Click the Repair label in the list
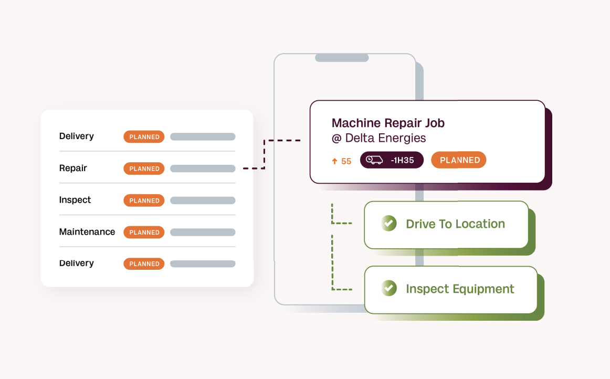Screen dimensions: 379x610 coord(73,169)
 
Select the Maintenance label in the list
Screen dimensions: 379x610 coord(87,232)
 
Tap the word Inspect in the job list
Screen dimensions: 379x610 coord(75,200)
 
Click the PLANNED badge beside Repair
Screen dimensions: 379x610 coord(144,169)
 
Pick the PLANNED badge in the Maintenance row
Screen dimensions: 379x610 coord(144,232)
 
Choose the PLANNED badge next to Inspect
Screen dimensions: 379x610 coord(144,201)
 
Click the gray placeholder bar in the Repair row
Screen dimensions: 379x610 coord(203,169)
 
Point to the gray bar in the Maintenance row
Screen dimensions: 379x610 coord(203,232)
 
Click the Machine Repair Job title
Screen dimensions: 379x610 coord(388,123)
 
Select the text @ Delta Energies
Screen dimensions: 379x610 coord(378,138)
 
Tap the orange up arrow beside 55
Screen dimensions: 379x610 coord(334,162)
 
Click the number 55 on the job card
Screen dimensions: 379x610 coord(346,162)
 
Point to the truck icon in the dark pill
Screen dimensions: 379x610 coord(374,160)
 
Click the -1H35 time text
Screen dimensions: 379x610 coord(403,160)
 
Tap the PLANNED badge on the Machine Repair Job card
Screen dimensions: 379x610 coord(459,160)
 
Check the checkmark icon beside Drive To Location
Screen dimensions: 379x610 coord(389,223)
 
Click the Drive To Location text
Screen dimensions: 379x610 coord(455,224)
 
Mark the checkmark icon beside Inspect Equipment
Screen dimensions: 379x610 coord(389,288)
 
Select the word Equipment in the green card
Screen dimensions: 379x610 coord(482,289)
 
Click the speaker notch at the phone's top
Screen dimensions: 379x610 coord(342,58)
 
